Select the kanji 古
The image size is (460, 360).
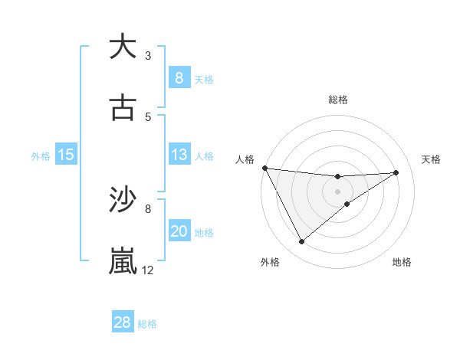coord(123,108)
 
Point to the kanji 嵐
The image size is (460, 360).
coord(123,261)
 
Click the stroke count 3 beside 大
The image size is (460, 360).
coord(148,55)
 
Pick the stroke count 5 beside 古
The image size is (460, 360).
coord(148,117)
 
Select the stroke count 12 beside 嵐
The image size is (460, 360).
coord(148,270)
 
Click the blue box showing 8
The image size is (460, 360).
coord(179,77)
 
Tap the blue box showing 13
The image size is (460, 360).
coord(179,154)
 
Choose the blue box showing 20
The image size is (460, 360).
coord(179,231)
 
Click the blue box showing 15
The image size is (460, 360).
coord(66,155)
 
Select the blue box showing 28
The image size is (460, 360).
coord(123,322)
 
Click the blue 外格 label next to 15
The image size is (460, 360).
coord(41,155)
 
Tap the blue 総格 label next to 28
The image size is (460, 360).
coord(147,324)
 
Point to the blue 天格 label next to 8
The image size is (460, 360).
coord(204,79)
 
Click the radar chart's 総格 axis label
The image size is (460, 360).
coord(338,100)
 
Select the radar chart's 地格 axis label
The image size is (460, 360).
coord(402,263)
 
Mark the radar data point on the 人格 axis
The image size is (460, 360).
coord(264,168)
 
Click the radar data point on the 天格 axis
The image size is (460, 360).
coord(396,172)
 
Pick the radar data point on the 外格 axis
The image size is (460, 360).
coord(301,242)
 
